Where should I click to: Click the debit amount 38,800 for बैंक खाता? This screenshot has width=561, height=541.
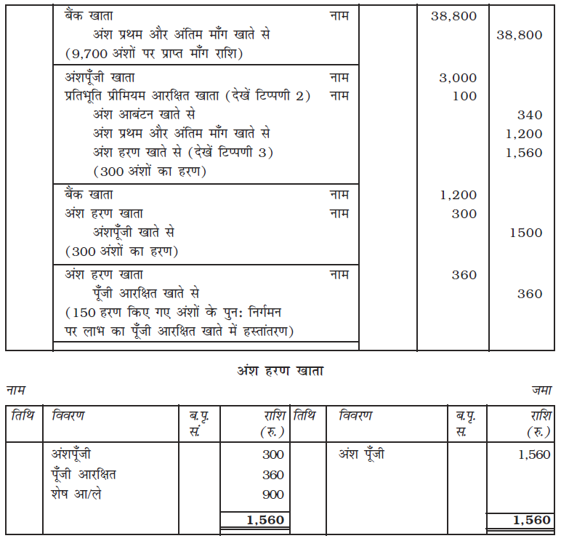tap(453, 16)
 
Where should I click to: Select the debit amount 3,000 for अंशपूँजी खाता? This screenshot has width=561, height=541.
tap(458, 78)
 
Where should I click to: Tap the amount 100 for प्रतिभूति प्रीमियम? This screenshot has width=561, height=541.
tap(464, 96)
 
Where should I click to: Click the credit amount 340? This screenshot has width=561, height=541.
tap(530, 115)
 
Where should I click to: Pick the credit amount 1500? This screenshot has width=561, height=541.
tap(526, 233)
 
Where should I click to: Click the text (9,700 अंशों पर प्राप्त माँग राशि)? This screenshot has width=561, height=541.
tap(153, 53)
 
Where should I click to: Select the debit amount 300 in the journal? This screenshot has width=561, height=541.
tap(464, 214)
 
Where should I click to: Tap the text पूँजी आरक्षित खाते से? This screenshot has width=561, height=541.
tap(146, 294)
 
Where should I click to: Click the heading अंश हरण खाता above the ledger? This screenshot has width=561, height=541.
tap(280, 370)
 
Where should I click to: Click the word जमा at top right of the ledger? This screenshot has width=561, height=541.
tap(541, 390)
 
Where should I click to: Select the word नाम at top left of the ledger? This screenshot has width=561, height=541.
tap(16, 390)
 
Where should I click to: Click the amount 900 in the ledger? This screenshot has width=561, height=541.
tap(273, 494)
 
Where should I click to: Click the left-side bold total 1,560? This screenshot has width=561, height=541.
tap(266, 520)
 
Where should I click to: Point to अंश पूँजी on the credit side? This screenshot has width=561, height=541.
tap(362, 454)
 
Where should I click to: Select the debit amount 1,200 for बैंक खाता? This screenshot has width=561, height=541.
tap(458, 195)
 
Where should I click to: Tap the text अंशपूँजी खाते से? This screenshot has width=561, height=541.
tap(134, 233)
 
